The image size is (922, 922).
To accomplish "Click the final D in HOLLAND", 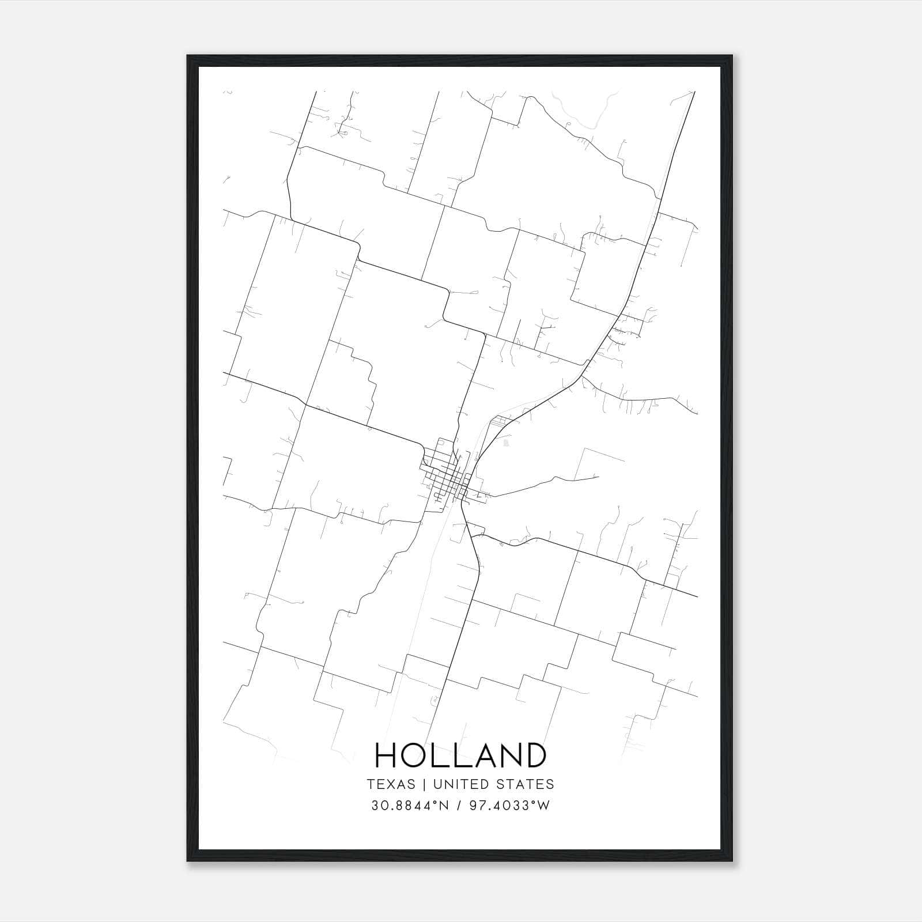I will (x=535, y=755).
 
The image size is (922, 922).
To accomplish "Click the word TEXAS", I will (x=391, y=784).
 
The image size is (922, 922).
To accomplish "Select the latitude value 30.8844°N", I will (x=409, y=805).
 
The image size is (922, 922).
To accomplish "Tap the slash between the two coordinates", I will (x=458, y=805).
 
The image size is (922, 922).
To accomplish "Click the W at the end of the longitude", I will (x=544, y=805).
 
